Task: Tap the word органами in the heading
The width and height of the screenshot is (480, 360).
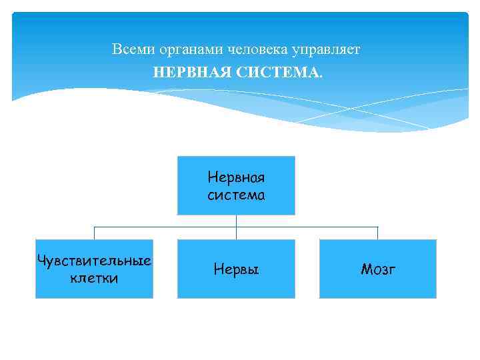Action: pos(185,49)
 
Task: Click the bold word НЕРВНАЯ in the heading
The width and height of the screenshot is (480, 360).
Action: pos(191,71)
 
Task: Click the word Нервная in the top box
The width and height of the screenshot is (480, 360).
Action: pos(236,178)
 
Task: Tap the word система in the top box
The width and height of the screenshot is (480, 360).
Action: pos(236,195)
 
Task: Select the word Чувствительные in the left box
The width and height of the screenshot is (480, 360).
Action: pos(94,260)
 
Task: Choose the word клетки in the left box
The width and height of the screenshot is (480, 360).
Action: pos(94,278)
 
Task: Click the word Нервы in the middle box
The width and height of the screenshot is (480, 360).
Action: pos(236,269)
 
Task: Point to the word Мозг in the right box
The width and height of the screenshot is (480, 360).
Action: pos(378,269)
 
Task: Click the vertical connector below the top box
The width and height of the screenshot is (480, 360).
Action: pos(236,221)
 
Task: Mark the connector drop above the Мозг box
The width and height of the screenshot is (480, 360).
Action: pos(378,233)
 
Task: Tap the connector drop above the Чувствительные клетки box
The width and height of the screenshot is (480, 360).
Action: pos(94,233)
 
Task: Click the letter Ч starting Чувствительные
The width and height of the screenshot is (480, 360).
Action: pos(41,259)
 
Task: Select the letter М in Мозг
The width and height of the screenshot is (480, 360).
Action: pos(365,269)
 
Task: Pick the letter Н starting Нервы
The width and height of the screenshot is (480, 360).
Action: pos(218,269)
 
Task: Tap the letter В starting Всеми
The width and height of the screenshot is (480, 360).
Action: pos(117,49)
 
